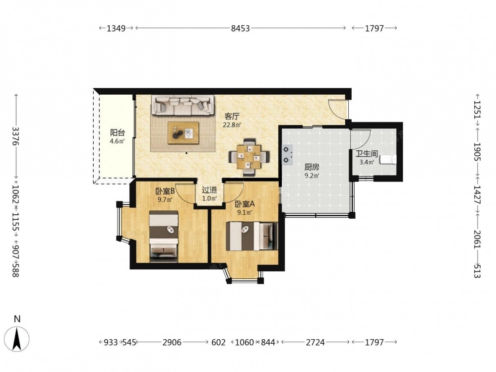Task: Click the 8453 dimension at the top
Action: [241, 28]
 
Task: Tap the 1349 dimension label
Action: [116, 28]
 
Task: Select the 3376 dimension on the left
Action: [15, 136]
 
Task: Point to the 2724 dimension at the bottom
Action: [315, 342]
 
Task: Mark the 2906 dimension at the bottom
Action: [172, 342]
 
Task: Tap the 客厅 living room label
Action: [232, 117]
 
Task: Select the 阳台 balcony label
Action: [117, 133]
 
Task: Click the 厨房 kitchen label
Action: [311, 167]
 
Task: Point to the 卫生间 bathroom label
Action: [367, 154]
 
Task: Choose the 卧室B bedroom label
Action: [165, 191]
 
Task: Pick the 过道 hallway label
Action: [209, 190]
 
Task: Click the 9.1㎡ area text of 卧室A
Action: [245, 213]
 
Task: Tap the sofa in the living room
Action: [182, 105]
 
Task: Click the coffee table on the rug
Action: [184, 133]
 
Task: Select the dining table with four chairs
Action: [249, 156]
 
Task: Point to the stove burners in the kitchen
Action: [287, 155]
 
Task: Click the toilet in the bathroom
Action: [388, 160]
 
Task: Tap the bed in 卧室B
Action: [164, 237]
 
